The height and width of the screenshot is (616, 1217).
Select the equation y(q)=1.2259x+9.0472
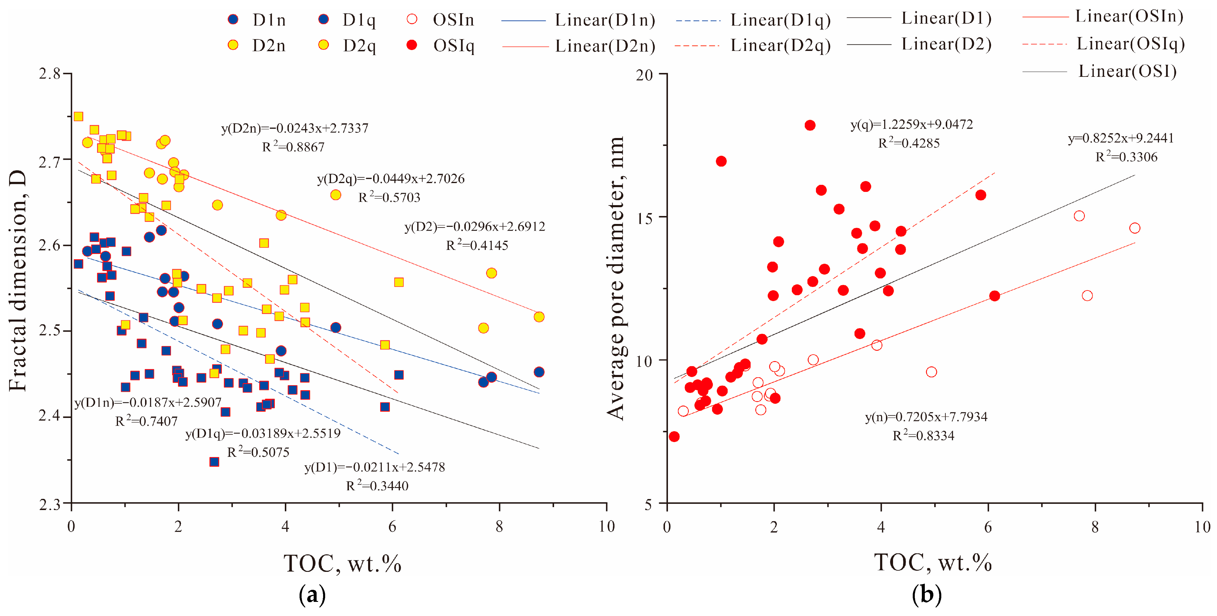click(911, 125)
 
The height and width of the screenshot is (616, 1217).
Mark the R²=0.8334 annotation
click(923, 436)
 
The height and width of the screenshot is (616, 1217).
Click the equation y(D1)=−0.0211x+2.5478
click(374, 467)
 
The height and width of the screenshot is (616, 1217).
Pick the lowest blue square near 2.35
click(214, 461)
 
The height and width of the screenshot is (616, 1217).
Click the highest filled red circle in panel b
click(810, 125)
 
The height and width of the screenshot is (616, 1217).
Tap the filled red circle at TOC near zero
click(674, 436)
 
